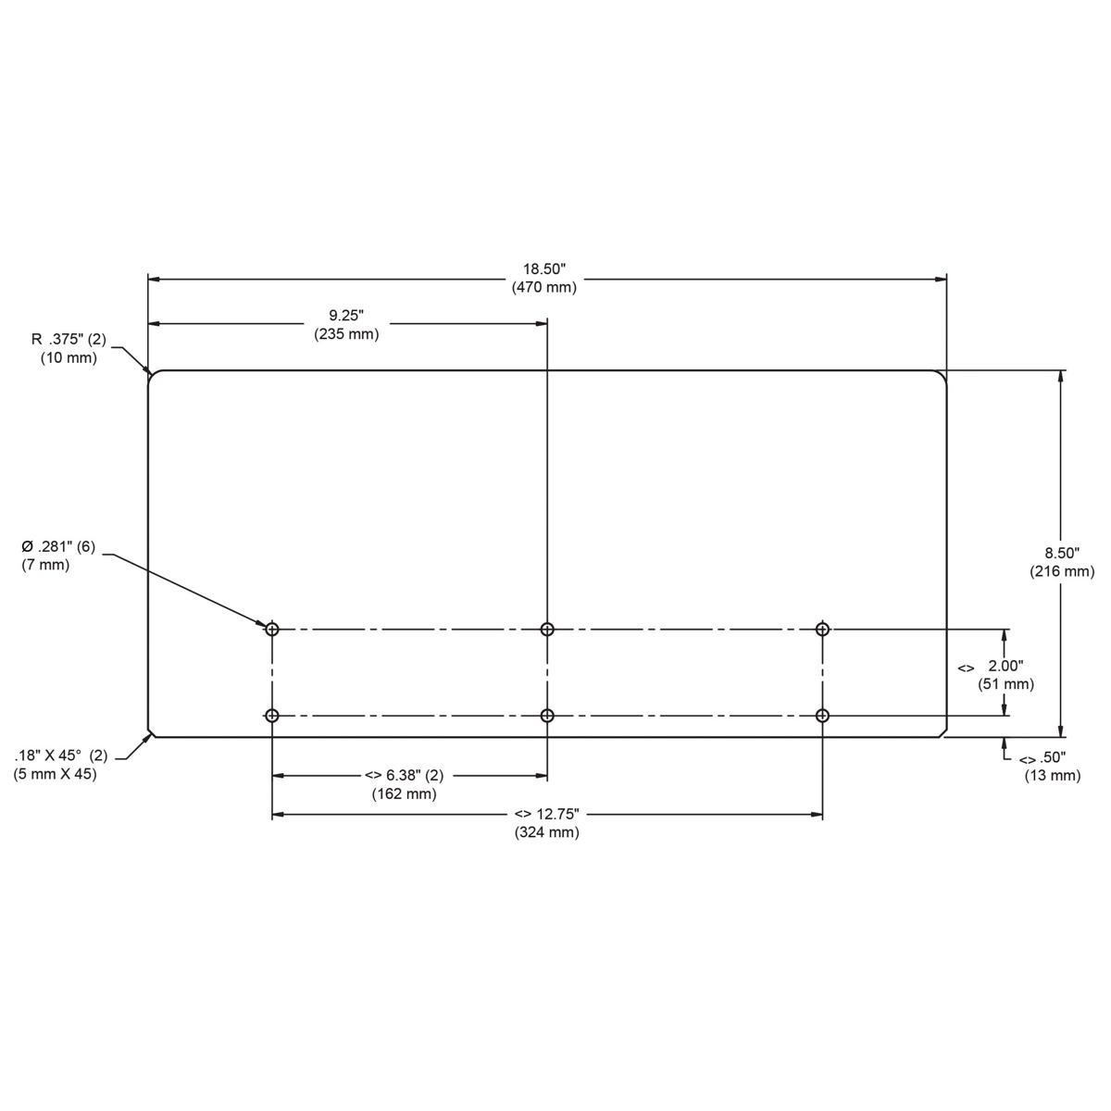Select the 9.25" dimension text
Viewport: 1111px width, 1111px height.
point(346,316)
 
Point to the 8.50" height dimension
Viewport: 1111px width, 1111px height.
point(1062,553)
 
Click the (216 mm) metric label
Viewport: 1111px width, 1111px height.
point(1062,572)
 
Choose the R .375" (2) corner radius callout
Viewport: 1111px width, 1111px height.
point(69,339)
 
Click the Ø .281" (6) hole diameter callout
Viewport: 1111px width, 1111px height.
point(58,546)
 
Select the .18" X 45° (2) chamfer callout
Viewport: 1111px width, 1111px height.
point(60,755)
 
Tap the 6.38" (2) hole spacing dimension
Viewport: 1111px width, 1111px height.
point(404,776)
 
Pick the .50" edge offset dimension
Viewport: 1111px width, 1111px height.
point(1043,758)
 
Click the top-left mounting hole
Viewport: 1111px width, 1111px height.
point(272,630)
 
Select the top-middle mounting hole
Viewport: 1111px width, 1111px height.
point(547,630)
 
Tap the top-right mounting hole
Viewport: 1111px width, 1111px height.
point(822,630)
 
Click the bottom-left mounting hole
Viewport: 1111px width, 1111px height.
point(272,716)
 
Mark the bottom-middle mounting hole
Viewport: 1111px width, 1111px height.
point(547,716)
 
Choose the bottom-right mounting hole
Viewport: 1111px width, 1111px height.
point(822,716)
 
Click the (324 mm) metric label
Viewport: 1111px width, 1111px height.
point(547,833)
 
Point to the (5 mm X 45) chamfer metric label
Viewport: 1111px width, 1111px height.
point(55,774)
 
